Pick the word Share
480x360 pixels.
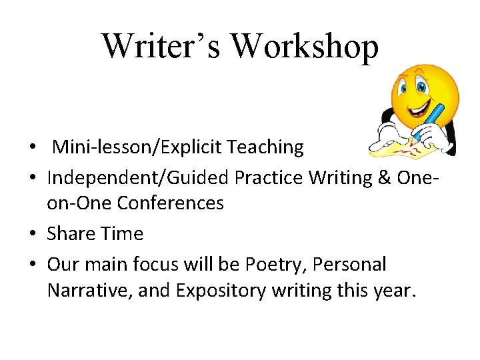70,233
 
